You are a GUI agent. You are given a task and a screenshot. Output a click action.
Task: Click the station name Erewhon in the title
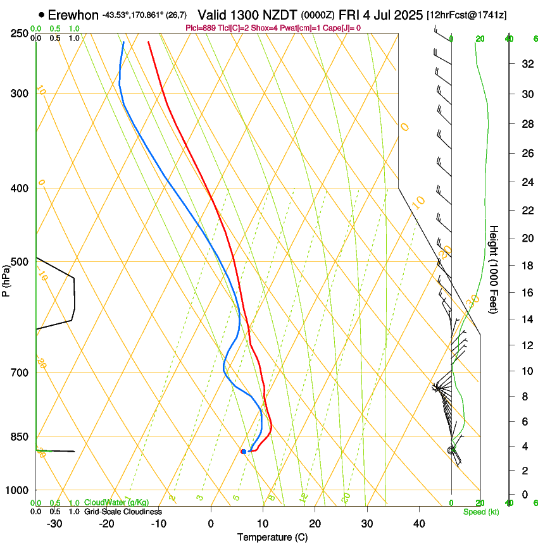[x=73, y=15]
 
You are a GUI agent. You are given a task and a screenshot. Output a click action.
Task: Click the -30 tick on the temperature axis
[x=54, y=524]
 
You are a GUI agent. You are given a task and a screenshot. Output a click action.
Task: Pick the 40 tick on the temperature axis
[x=418, y=524]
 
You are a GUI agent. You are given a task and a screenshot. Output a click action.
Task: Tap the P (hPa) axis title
[x=6, y=278]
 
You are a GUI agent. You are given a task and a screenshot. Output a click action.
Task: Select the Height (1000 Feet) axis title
[x=494, y=269]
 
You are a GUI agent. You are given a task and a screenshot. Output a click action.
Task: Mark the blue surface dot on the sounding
[x=243, y=451]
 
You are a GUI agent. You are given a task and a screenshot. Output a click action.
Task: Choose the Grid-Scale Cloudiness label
[x=123, y=511]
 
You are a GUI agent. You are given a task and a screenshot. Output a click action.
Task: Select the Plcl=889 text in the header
[x=201, y=28]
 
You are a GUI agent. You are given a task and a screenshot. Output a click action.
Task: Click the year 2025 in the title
[x=408, y=15]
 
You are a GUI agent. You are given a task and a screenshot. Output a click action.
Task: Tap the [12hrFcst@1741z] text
[x=466, y=15]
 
